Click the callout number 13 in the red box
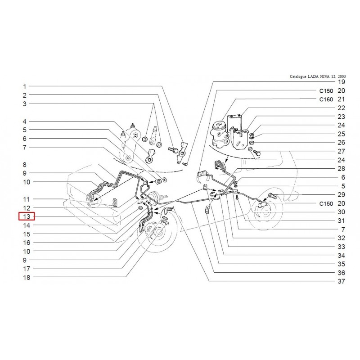pos(27,216)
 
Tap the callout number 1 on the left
pos(25,87)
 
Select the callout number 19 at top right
pos(342,82)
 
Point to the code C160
pos(326,99)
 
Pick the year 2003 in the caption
pos(342,76)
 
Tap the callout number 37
pos(342,281)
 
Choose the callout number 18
pos(27,277)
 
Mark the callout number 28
pos(342,168)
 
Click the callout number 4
pos(25,121)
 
